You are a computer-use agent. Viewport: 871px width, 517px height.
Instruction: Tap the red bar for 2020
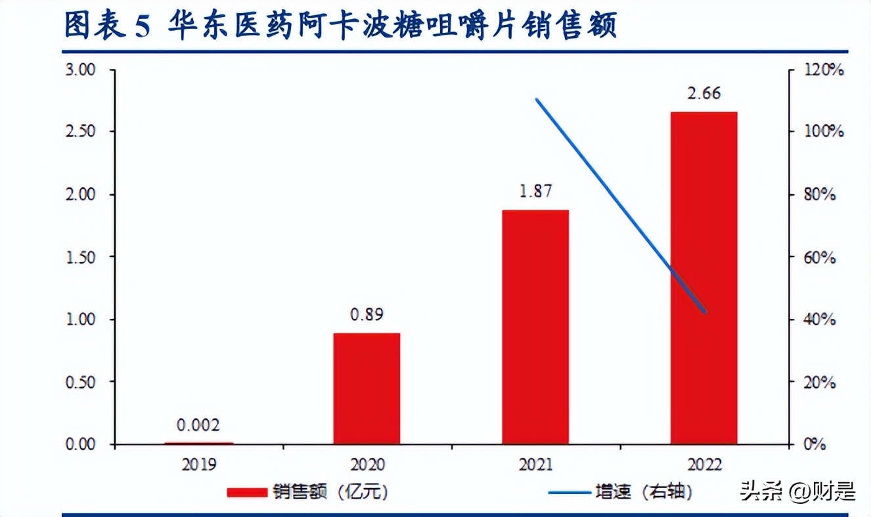point(367,388)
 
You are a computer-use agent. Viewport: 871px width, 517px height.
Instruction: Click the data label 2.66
point(704,93)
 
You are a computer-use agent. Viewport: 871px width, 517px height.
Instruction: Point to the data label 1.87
point(535,191)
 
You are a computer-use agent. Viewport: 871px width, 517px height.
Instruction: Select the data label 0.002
point(198,426)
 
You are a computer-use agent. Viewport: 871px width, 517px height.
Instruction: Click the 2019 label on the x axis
point(198,465)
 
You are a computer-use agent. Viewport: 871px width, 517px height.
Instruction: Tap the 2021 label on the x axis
point(535,465)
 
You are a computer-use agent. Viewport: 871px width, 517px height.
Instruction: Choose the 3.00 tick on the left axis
point(82,70)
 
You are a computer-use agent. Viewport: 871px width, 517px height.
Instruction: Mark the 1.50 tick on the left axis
point(82,257)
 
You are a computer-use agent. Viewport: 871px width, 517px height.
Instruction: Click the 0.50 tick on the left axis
point(82,382)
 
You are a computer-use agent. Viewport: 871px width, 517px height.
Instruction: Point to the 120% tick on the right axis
point(824,70)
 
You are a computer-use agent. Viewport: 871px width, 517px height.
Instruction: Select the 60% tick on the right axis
point(820,257)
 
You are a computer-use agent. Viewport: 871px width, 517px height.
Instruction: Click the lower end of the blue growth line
point(705,312)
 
